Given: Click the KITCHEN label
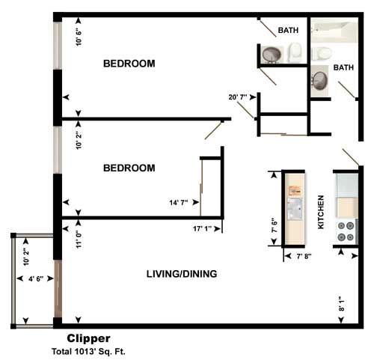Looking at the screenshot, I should (321, 212).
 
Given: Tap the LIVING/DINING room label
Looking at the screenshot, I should (181, 274).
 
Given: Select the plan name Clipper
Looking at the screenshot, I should (88, 338).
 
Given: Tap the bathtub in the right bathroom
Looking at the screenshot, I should (334, 31).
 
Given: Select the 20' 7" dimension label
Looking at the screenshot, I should (239, 97).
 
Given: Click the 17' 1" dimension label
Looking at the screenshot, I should (204, 228).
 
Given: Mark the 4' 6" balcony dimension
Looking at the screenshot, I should (34, 280).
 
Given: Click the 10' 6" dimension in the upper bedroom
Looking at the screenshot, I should (79, 36).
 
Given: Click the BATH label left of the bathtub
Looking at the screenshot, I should (288, 31).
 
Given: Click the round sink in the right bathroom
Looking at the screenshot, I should (319, 80).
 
